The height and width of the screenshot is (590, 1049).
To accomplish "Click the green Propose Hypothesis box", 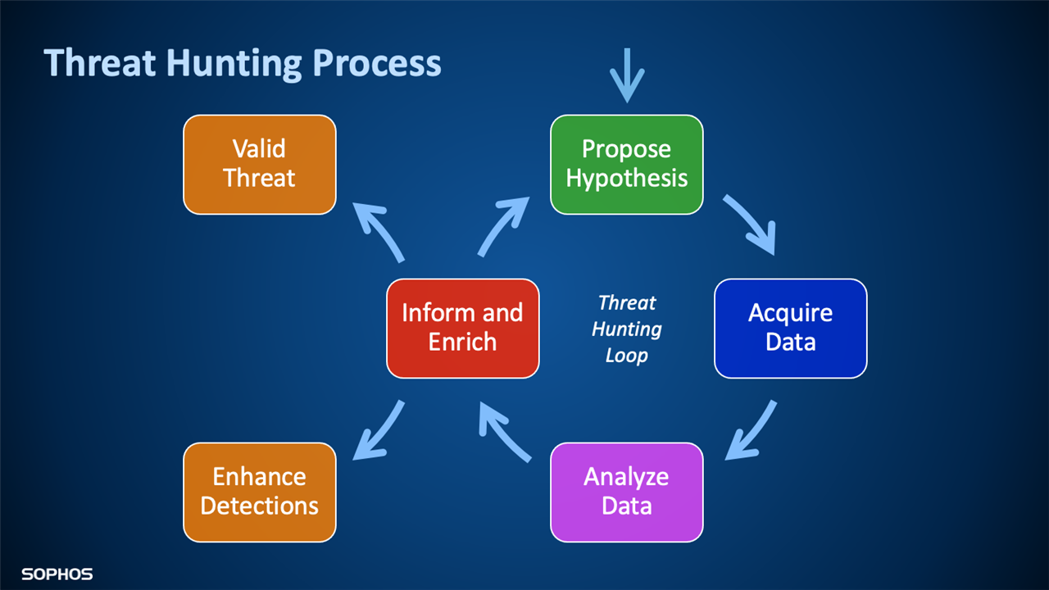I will (626, 164).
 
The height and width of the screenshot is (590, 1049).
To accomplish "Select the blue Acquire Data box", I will (790, 328).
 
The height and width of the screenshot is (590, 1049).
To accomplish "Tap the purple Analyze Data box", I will (626, 492).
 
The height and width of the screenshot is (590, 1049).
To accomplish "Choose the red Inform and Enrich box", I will (462, 328).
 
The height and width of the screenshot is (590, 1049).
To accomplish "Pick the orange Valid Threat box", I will (259, 164).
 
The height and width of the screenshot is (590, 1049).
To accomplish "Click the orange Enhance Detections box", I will (259, 492).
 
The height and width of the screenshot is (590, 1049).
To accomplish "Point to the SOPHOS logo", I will (57, 574).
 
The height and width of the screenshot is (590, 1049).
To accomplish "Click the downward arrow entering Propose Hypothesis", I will (627, 75).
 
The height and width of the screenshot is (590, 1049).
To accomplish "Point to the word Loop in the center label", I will (626, 356).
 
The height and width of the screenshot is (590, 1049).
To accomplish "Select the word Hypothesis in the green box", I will (626, 179).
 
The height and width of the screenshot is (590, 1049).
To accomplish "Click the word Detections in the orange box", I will (259, 506).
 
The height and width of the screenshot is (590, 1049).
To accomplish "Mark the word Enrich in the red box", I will (462, 343).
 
